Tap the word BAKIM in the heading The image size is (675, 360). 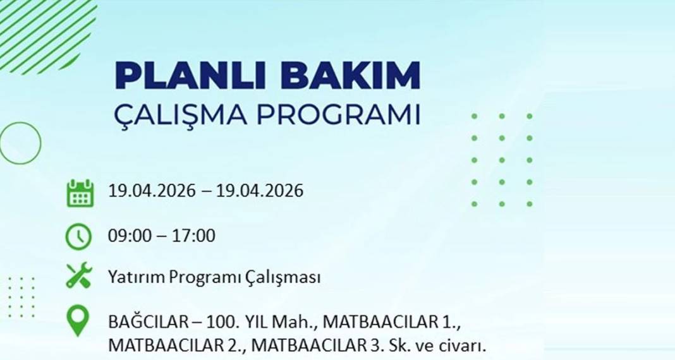coord(350,76)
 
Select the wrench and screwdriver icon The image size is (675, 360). coord(80,277)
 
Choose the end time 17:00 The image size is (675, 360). coord(196,236)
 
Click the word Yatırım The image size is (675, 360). coord(134,277)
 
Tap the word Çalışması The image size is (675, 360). coord(283,277)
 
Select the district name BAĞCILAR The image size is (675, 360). coord(147,322)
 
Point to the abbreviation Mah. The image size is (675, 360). coord(301,322)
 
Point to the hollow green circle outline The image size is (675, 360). coord(20,143)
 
